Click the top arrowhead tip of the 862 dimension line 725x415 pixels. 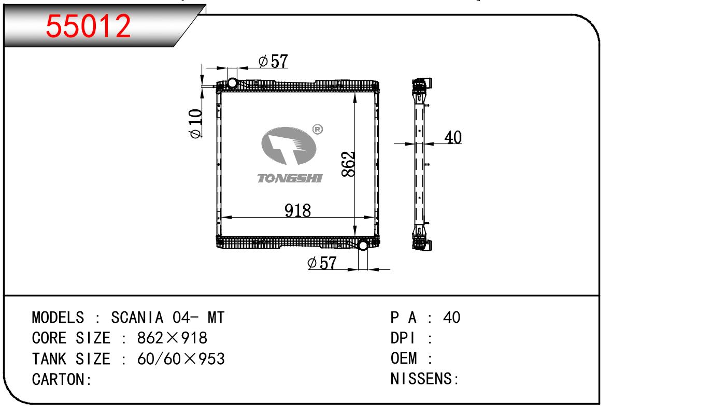(355, 93)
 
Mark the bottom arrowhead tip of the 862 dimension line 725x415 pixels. (355, 236)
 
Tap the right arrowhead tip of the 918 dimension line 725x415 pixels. (375, 217)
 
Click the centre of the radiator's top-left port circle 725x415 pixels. (232, 83)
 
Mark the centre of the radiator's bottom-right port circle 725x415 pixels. (363, 246)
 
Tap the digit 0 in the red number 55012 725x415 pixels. (89, 26)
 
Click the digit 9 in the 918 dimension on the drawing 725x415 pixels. (289, 210)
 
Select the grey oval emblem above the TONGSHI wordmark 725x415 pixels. (289, 146)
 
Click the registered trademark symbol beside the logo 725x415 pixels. (318, 130)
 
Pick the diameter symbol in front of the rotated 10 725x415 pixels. (195, 133)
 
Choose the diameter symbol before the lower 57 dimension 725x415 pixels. (312, 263)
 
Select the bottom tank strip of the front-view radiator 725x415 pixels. (298, 242)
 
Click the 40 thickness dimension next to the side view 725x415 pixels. (453, 137)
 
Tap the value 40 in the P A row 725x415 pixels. (451, 317)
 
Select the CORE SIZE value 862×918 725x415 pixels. (172, 338)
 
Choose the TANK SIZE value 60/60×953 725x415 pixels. (181, 359)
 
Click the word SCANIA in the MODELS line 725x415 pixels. (137, 317)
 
